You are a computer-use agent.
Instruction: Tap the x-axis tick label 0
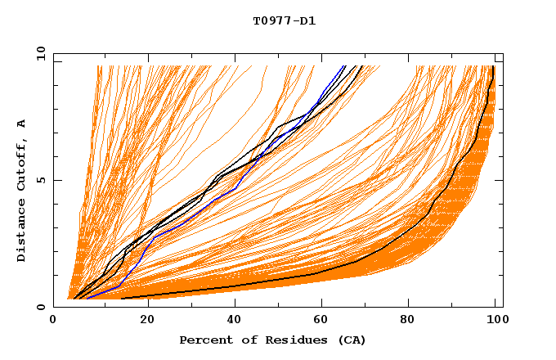coord(54,320)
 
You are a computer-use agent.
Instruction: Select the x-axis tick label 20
coord(142,320)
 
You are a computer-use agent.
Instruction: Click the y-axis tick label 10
coord(38,54)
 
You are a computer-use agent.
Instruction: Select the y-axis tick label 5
coord(42,180)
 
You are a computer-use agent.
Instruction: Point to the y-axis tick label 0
coord(42,307)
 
